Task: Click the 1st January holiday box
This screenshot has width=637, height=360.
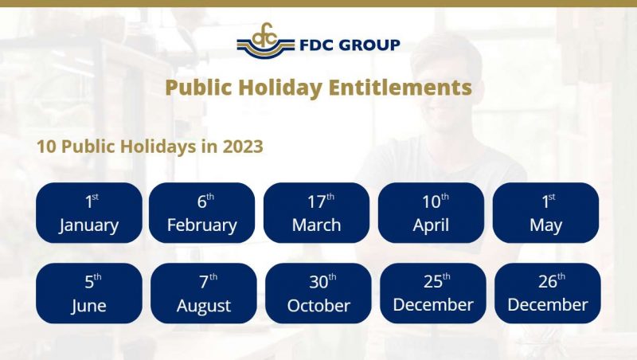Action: [x=89, y=213]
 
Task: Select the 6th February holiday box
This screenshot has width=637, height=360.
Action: [x=202, y=213]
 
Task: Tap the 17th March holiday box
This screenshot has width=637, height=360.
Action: [x=316, y=213]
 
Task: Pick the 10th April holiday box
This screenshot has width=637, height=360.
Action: [x=431, y=213]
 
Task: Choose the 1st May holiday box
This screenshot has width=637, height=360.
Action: [x=545, y=213]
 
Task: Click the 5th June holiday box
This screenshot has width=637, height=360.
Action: [x=89, y=293]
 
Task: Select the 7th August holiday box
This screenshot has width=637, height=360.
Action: [x=204, y=293]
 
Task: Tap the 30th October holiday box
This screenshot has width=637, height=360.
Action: [x=318, y=293]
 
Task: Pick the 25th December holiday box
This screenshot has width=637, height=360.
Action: [x=433, y=293]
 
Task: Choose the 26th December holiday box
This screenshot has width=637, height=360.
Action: [x=548, y=293]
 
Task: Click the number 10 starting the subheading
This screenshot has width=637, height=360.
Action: [x=46, y=147]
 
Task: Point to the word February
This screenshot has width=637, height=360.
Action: [x=202, y=225]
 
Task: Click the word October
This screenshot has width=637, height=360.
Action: [x=318, y=306]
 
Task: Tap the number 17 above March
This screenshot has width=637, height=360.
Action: [x=316, y=202]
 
